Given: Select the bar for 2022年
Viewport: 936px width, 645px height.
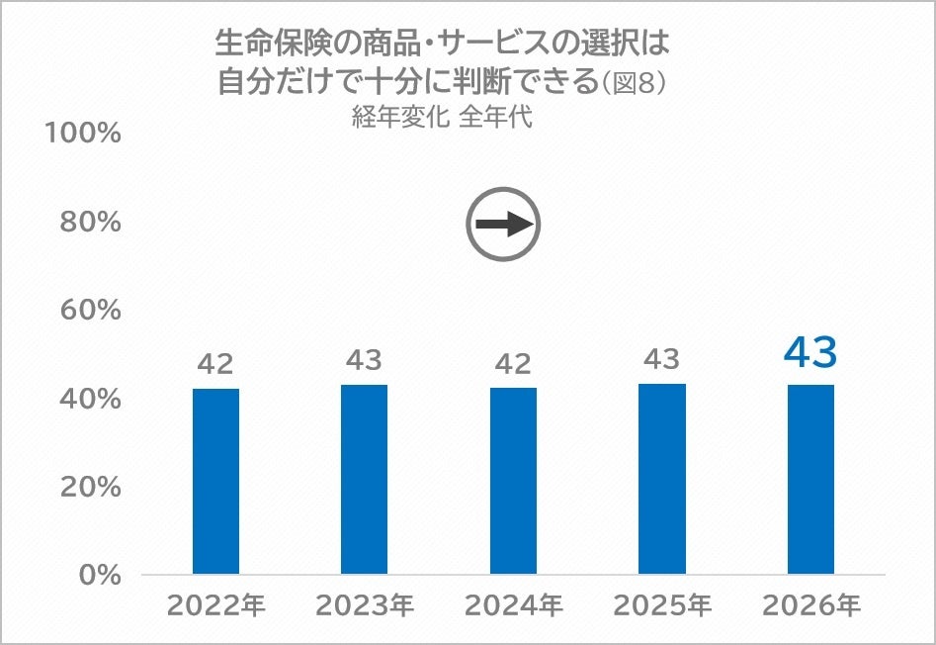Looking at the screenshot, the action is tap(215, 482).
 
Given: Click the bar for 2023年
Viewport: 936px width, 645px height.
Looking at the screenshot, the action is tap(364, 480).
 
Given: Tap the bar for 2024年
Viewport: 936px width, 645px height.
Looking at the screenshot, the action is tap(513, 482).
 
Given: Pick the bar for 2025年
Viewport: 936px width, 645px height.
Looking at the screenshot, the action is tap(662, 479).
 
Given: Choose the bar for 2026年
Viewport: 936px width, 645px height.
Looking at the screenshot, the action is tap(810, 480).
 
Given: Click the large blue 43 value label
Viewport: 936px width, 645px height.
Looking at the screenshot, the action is tap(810, 352).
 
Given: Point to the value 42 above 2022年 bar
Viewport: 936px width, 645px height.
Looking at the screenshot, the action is tap(215, 364).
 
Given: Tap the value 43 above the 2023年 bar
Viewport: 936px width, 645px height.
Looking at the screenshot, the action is tap(364, 360).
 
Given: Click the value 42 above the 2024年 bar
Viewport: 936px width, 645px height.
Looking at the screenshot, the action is tap(513, 364).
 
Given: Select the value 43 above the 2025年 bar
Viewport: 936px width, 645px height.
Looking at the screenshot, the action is tap(662, 359).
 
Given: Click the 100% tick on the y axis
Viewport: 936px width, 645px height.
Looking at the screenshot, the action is tap(83, 133).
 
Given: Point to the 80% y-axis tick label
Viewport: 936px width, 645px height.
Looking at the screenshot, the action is tap(90, 222).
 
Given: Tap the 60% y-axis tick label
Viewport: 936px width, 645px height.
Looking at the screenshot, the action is tap(90, 310).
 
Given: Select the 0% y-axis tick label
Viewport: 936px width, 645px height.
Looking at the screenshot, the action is tap(100, 575).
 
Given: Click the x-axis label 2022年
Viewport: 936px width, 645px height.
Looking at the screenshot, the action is tap(216, 605).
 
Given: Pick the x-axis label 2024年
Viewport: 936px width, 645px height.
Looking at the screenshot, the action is tap(514, 605).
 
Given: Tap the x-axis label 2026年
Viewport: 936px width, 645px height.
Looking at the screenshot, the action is tap(811, 605).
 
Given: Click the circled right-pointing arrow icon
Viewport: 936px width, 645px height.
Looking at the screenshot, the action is tap(504, 224).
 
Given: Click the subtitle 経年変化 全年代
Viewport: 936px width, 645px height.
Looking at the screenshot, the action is tap(442, 117).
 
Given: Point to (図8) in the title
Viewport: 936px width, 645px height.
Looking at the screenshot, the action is tap(634, 83).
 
